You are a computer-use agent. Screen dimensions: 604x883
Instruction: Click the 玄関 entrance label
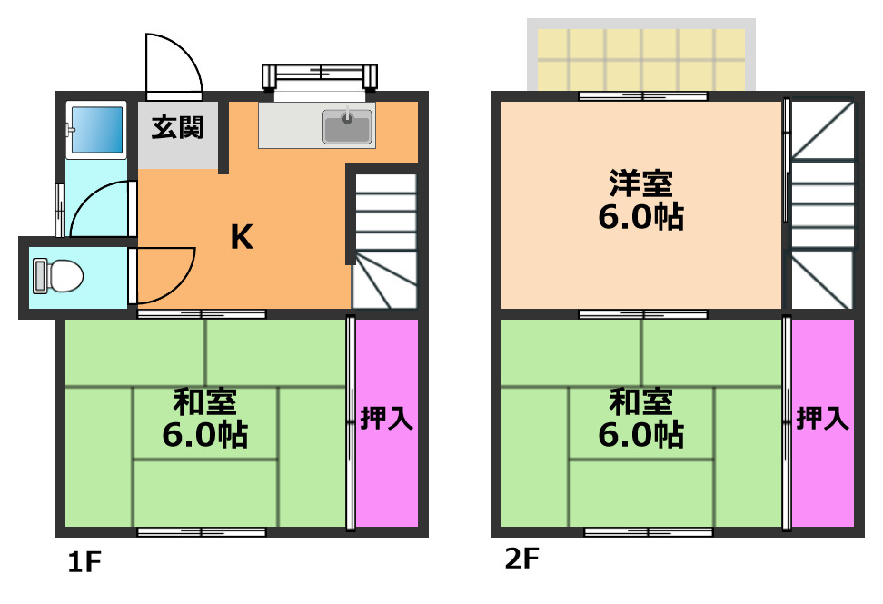pyautogui.click(x=177, y=127)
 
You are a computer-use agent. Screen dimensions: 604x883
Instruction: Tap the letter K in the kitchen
pyautogui.click(x=241, y=237)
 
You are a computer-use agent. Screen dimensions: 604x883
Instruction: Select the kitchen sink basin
pyautogui.click(x=348, y=126)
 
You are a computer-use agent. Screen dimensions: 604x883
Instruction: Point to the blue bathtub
pyautogui.click(x=96, y=131)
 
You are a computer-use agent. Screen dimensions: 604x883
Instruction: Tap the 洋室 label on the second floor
pyautogui.click(x=640, y=184)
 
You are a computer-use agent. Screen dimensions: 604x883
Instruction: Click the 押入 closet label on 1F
pyautogui.click(x=387, y=419)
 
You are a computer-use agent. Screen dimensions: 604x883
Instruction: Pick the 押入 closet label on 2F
pyautogui.click(x=823, y=419)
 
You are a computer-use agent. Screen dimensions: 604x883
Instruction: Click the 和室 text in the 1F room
pyautogui.click(x=205, y=401)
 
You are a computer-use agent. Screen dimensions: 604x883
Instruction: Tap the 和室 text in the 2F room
pyautogui.click(x=640, y=401)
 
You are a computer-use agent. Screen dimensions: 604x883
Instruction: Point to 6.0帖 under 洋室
pyautogui.click(x=640, y=218)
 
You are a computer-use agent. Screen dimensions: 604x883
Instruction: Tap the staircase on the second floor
pyautogui.click(x=822, y=204)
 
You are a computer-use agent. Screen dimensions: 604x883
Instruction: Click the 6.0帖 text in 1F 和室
pyautogui.click(x=205, y=435)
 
